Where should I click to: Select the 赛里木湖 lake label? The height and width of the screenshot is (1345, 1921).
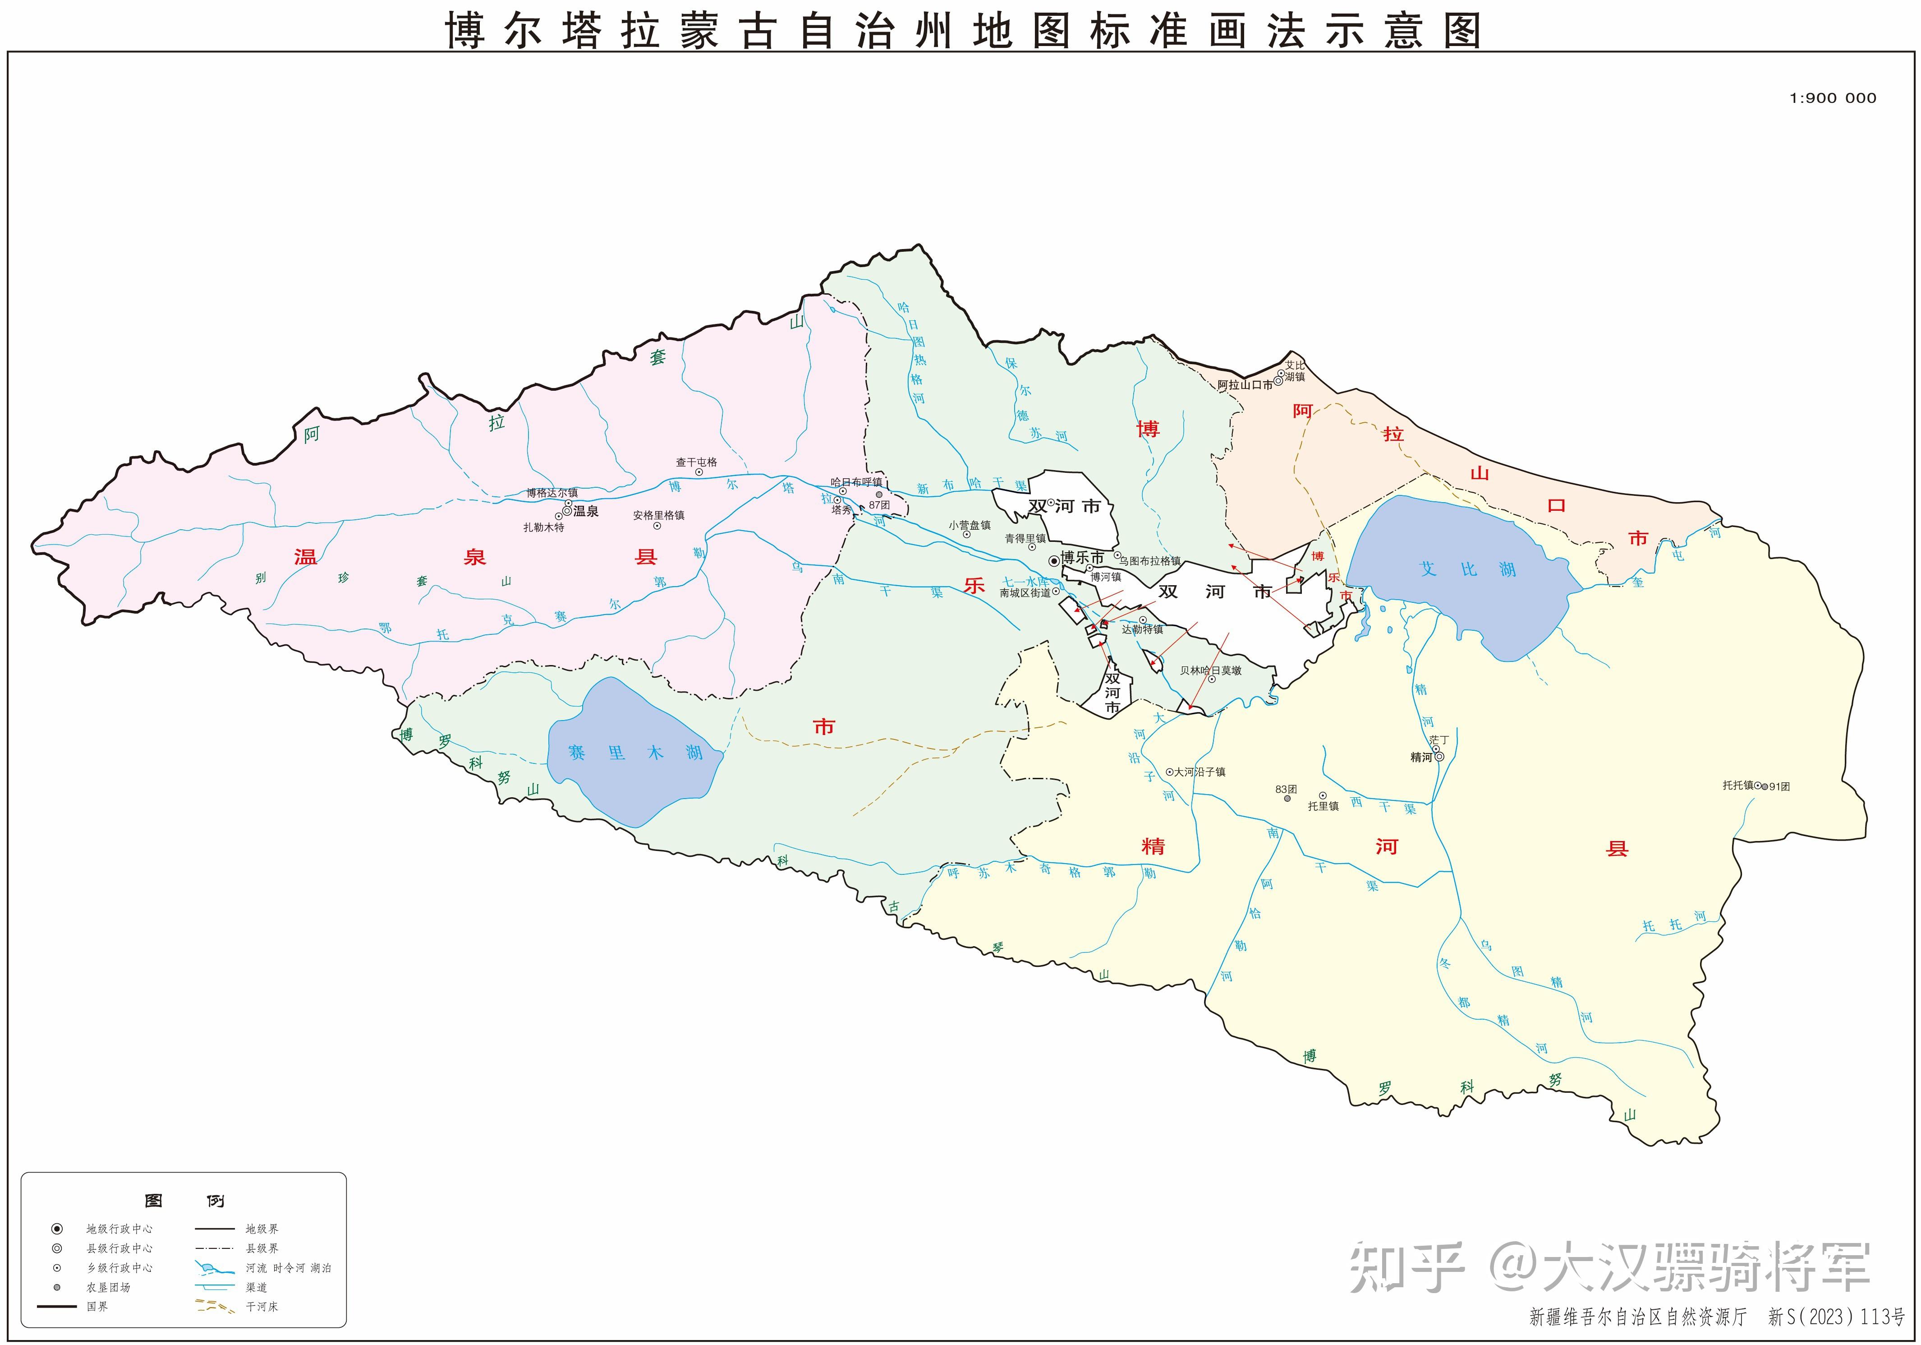(x=634, y=753)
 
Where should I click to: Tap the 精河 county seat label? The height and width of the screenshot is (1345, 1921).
(x=1420, y=758)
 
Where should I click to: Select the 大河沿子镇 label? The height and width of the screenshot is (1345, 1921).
(x=1199, y=772)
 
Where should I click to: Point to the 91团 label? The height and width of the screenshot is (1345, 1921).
(x=1779, y=787)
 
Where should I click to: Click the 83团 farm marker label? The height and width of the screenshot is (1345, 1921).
(x=1286, y=789)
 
